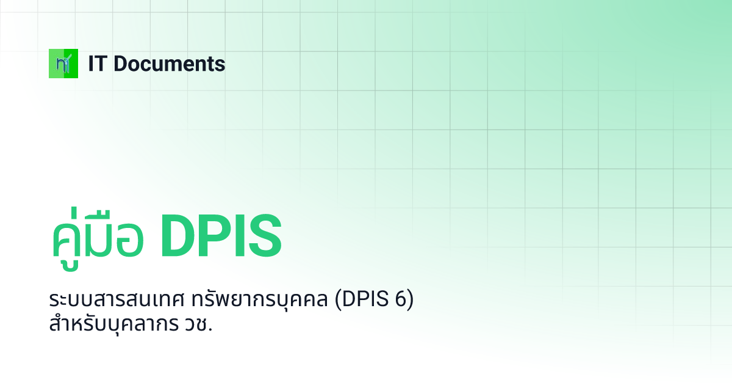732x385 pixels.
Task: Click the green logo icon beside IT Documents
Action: [63, 64]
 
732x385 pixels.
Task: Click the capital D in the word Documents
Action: [120, 64]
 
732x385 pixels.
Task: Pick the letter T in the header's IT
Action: [101, 64]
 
